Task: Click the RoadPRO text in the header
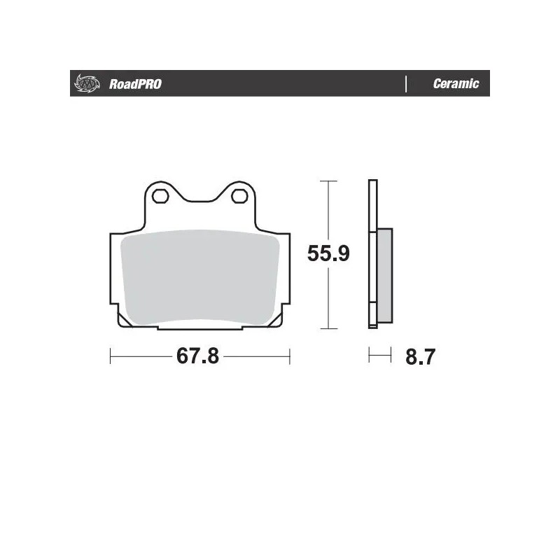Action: coord(135,84)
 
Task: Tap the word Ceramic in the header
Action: coord(456,84)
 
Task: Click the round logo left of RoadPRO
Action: coord(83,84)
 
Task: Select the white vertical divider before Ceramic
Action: coord(406,84)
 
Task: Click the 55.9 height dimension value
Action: coord(328,253)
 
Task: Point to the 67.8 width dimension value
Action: coord(198,356)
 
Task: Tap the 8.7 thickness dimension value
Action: coord(421,357)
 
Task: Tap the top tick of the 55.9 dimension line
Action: coord(328,181)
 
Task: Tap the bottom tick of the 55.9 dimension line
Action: coord(328,328)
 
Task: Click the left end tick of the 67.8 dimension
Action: coord(111,356)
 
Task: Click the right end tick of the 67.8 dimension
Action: coord(289,356)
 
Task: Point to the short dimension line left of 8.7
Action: coord(379,356)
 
